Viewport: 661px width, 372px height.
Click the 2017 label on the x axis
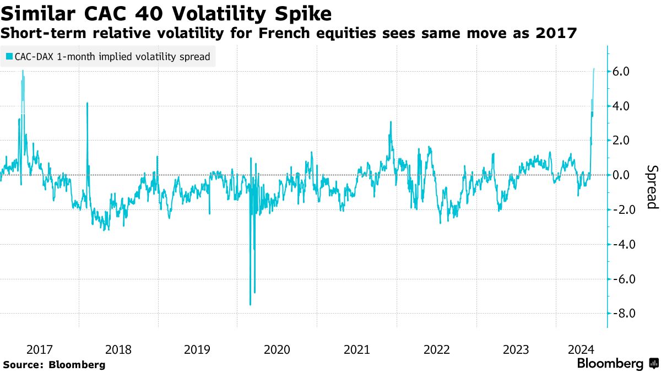[39, 349]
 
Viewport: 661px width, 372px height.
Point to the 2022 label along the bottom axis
[437, 349]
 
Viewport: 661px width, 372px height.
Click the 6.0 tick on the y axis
[626, 72]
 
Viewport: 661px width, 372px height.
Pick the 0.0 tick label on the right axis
[626, 175]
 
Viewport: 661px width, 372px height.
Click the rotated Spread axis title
[652, 187]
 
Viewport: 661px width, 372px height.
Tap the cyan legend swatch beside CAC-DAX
[8, 57]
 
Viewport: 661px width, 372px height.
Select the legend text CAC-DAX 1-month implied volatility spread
[112, 57]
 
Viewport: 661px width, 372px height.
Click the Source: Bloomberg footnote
[54, 364]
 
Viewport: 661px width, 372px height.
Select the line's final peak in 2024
[594, 69]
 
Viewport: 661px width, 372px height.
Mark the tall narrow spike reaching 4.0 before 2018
[88, 103]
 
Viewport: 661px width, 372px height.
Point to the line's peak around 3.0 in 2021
[390, 122]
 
